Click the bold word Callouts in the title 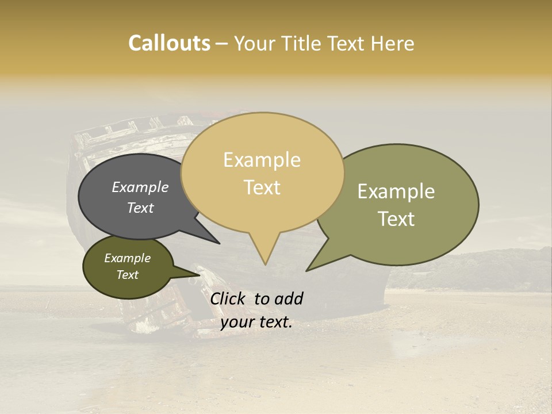169,43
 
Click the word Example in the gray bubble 140,187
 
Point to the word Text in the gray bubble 140,208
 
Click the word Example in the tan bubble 262,160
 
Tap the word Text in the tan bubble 262,187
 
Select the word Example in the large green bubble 396,191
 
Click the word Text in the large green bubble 396,218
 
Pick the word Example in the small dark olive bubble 127,258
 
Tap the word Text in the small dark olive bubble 127,275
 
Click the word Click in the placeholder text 229,298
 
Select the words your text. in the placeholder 256,322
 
